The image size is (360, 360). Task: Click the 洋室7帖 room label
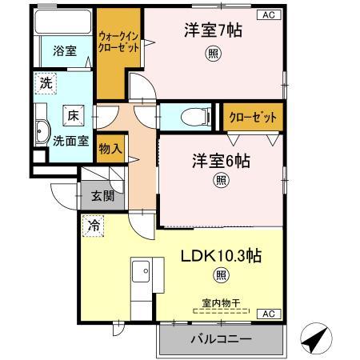(x=213, y=30)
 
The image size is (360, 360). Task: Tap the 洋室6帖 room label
(x=220, y=161)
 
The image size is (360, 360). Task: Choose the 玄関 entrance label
(x=102, y=196)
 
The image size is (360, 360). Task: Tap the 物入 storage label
(x=110, y=149)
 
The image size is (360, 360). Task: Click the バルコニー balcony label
(x=221, y=338)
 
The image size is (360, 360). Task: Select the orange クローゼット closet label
(x=253, y=117)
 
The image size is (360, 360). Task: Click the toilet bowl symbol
(x=193, y=117)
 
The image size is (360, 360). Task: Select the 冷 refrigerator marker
(x=94, y=226)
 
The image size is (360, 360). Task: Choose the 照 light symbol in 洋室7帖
(x=213, y=54)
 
